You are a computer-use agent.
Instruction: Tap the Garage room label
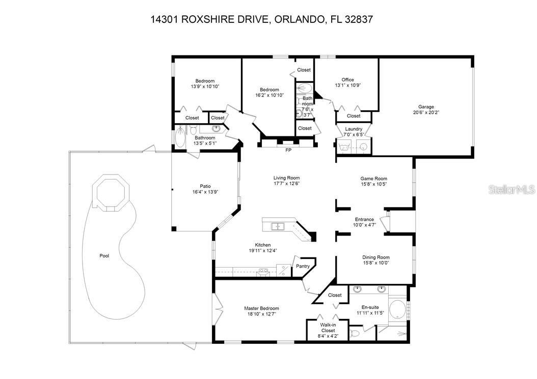click(x=426, y=107)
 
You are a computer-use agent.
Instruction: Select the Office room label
click(x=347, y=80)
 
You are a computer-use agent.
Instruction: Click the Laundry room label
click(x=354, y=129)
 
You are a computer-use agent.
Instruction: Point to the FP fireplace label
click(x=288, y=151)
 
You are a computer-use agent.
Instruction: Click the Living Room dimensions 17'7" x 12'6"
click(x=286, y=184)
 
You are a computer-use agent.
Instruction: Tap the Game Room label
click(x=373, y=179)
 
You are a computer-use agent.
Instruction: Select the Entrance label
click(x=364, y=219)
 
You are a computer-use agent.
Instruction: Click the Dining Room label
click(x=375, y=257)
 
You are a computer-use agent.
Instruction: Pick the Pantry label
click(x=303, y=266)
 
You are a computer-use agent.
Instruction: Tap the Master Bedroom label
click(x=261, y=308)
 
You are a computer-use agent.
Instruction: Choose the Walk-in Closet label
click(x=328, y=327)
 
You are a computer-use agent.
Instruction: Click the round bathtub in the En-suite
click(x=397, y=308)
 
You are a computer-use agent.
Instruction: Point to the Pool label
click(x=104, y=256)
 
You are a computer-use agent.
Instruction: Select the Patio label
click(x=202, y=186)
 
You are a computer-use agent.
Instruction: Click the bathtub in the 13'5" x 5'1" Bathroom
click(x=181, y=136)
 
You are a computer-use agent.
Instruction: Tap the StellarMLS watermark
click(x=512, y=189)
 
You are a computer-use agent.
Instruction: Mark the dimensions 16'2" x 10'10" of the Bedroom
click(x=270, y=95)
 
